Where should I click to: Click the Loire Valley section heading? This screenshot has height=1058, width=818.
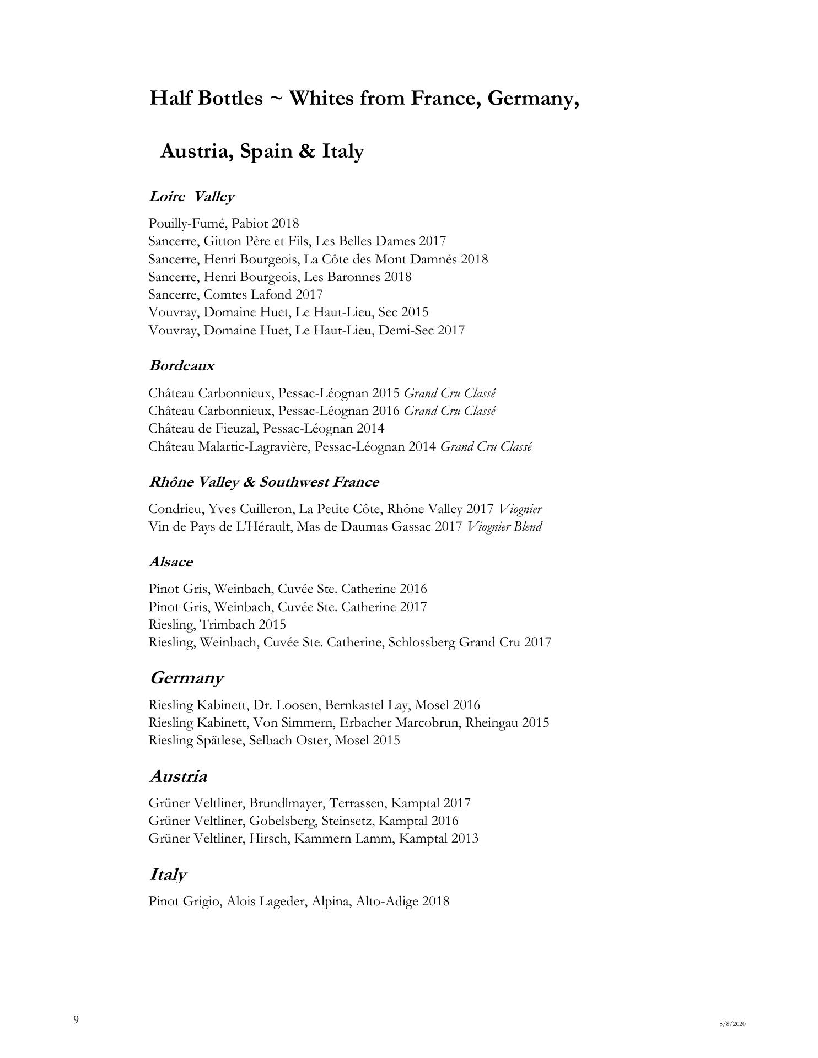coord(191,197)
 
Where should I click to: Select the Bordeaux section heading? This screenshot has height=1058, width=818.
coord(181,366)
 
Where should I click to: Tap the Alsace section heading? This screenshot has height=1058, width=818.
coord(170,562)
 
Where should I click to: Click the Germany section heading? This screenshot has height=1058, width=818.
coord(186,678)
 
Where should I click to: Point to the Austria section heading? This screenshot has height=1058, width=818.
coord(178,776)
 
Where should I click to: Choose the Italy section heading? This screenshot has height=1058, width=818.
coord(168,875)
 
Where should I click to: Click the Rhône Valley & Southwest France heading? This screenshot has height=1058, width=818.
coord(263,482)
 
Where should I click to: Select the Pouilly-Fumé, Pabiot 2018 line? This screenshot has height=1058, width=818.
coord(223,223)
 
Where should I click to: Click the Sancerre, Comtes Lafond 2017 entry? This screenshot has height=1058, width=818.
coord(235,294)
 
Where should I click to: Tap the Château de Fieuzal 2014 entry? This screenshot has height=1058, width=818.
coord(266,428)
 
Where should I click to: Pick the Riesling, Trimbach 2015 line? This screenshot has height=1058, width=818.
coord(217,624)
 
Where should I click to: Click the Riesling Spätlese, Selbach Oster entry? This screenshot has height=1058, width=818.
coord(274,740)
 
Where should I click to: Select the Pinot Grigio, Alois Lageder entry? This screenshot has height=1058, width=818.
coord(299,902)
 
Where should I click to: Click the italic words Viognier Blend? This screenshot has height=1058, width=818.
coord(504,527)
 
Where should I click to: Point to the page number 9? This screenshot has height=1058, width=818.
coord(76,1019)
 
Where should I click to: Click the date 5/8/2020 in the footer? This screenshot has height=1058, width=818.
coord(732,1024)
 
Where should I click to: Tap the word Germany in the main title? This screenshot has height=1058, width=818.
coord(533,99)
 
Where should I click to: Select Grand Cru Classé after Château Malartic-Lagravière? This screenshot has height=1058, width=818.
coord(486,447)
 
